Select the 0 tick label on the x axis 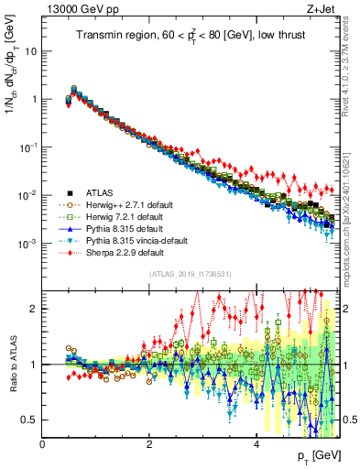(43, 443)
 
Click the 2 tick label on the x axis (149, 443)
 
